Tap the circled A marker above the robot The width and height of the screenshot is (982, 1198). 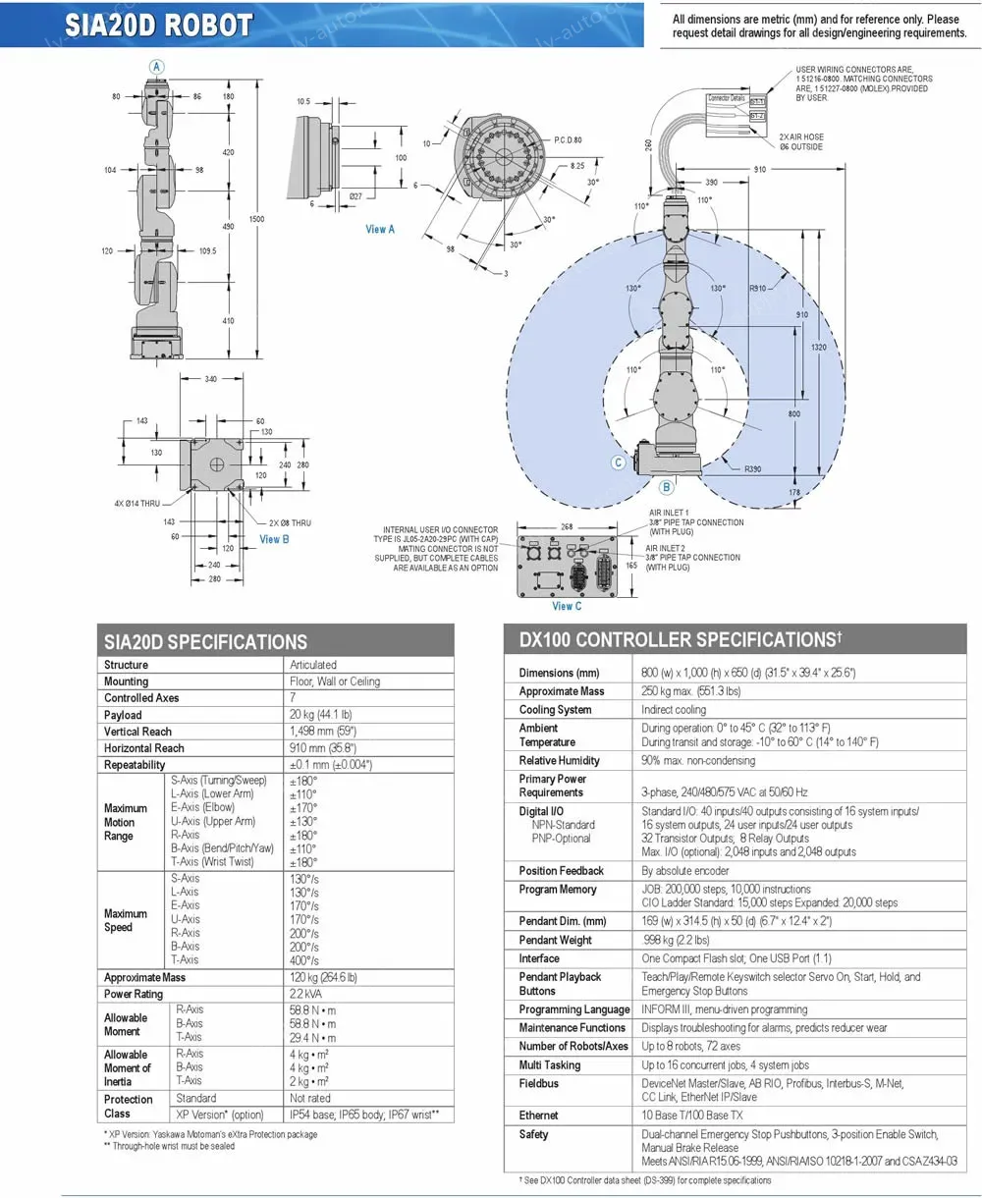(157, 65)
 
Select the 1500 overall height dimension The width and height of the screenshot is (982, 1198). (257, 219)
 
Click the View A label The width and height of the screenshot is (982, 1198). (380, 229)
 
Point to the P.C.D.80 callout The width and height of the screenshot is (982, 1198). (568, 140)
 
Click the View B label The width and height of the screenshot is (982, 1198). (274, 539)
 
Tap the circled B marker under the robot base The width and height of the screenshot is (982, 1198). (666, 486)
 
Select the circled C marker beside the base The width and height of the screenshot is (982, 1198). (619, 463)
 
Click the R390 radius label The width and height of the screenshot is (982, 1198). (752, 469)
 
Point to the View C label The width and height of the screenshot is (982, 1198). (567, 606)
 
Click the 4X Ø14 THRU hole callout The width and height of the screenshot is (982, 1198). (136, 504)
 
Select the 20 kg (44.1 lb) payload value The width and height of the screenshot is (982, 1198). (320, 715)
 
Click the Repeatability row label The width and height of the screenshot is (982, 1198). (135, 765)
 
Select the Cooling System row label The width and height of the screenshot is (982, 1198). (555, 710)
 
